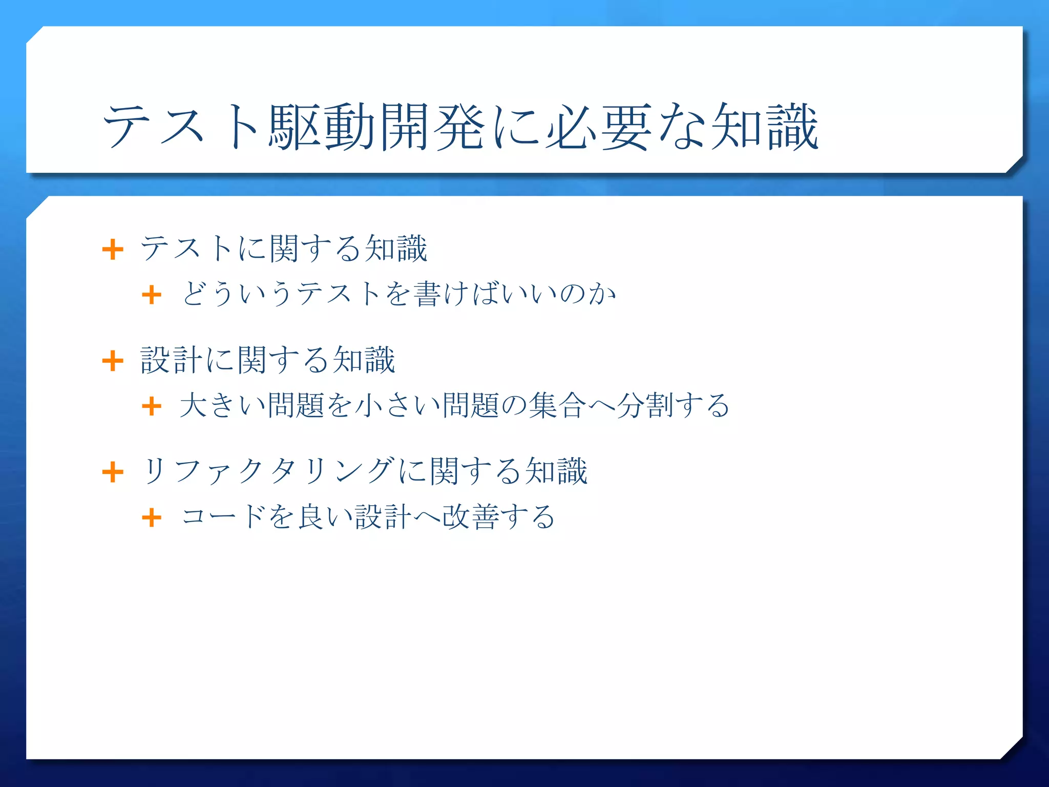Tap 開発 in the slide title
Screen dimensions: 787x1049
click(x=432, y=127)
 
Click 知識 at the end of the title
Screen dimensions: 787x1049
click(x=764, y=127)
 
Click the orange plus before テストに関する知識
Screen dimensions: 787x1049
click(x=113, y=250)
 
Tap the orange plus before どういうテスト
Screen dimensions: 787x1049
click(x=152, y=295)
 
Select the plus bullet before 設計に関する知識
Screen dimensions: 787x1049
click(x=113, y=361)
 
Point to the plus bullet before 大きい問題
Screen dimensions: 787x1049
click(x=152, y=406)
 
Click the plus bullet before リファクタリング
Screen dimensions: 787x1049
click(x=113, y=472)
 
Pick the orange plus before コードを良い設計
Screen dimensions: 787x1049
click(x=152, y=517)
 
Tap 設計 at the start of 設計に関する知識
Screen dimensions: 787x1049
click(x=172, y=360)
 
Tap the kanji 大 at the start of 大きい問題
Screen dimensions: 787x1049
click(x=194, y=405)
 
